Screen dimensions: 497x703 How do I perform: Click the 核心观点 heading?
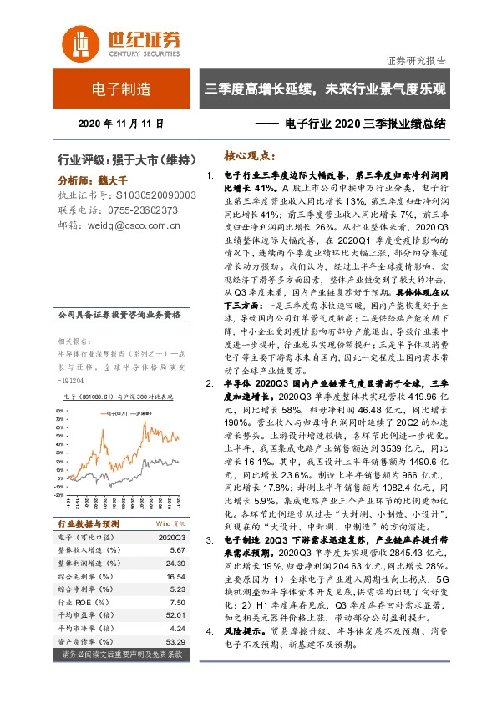250,156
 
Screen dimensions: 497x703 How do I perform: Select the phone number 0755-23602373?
143,210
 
